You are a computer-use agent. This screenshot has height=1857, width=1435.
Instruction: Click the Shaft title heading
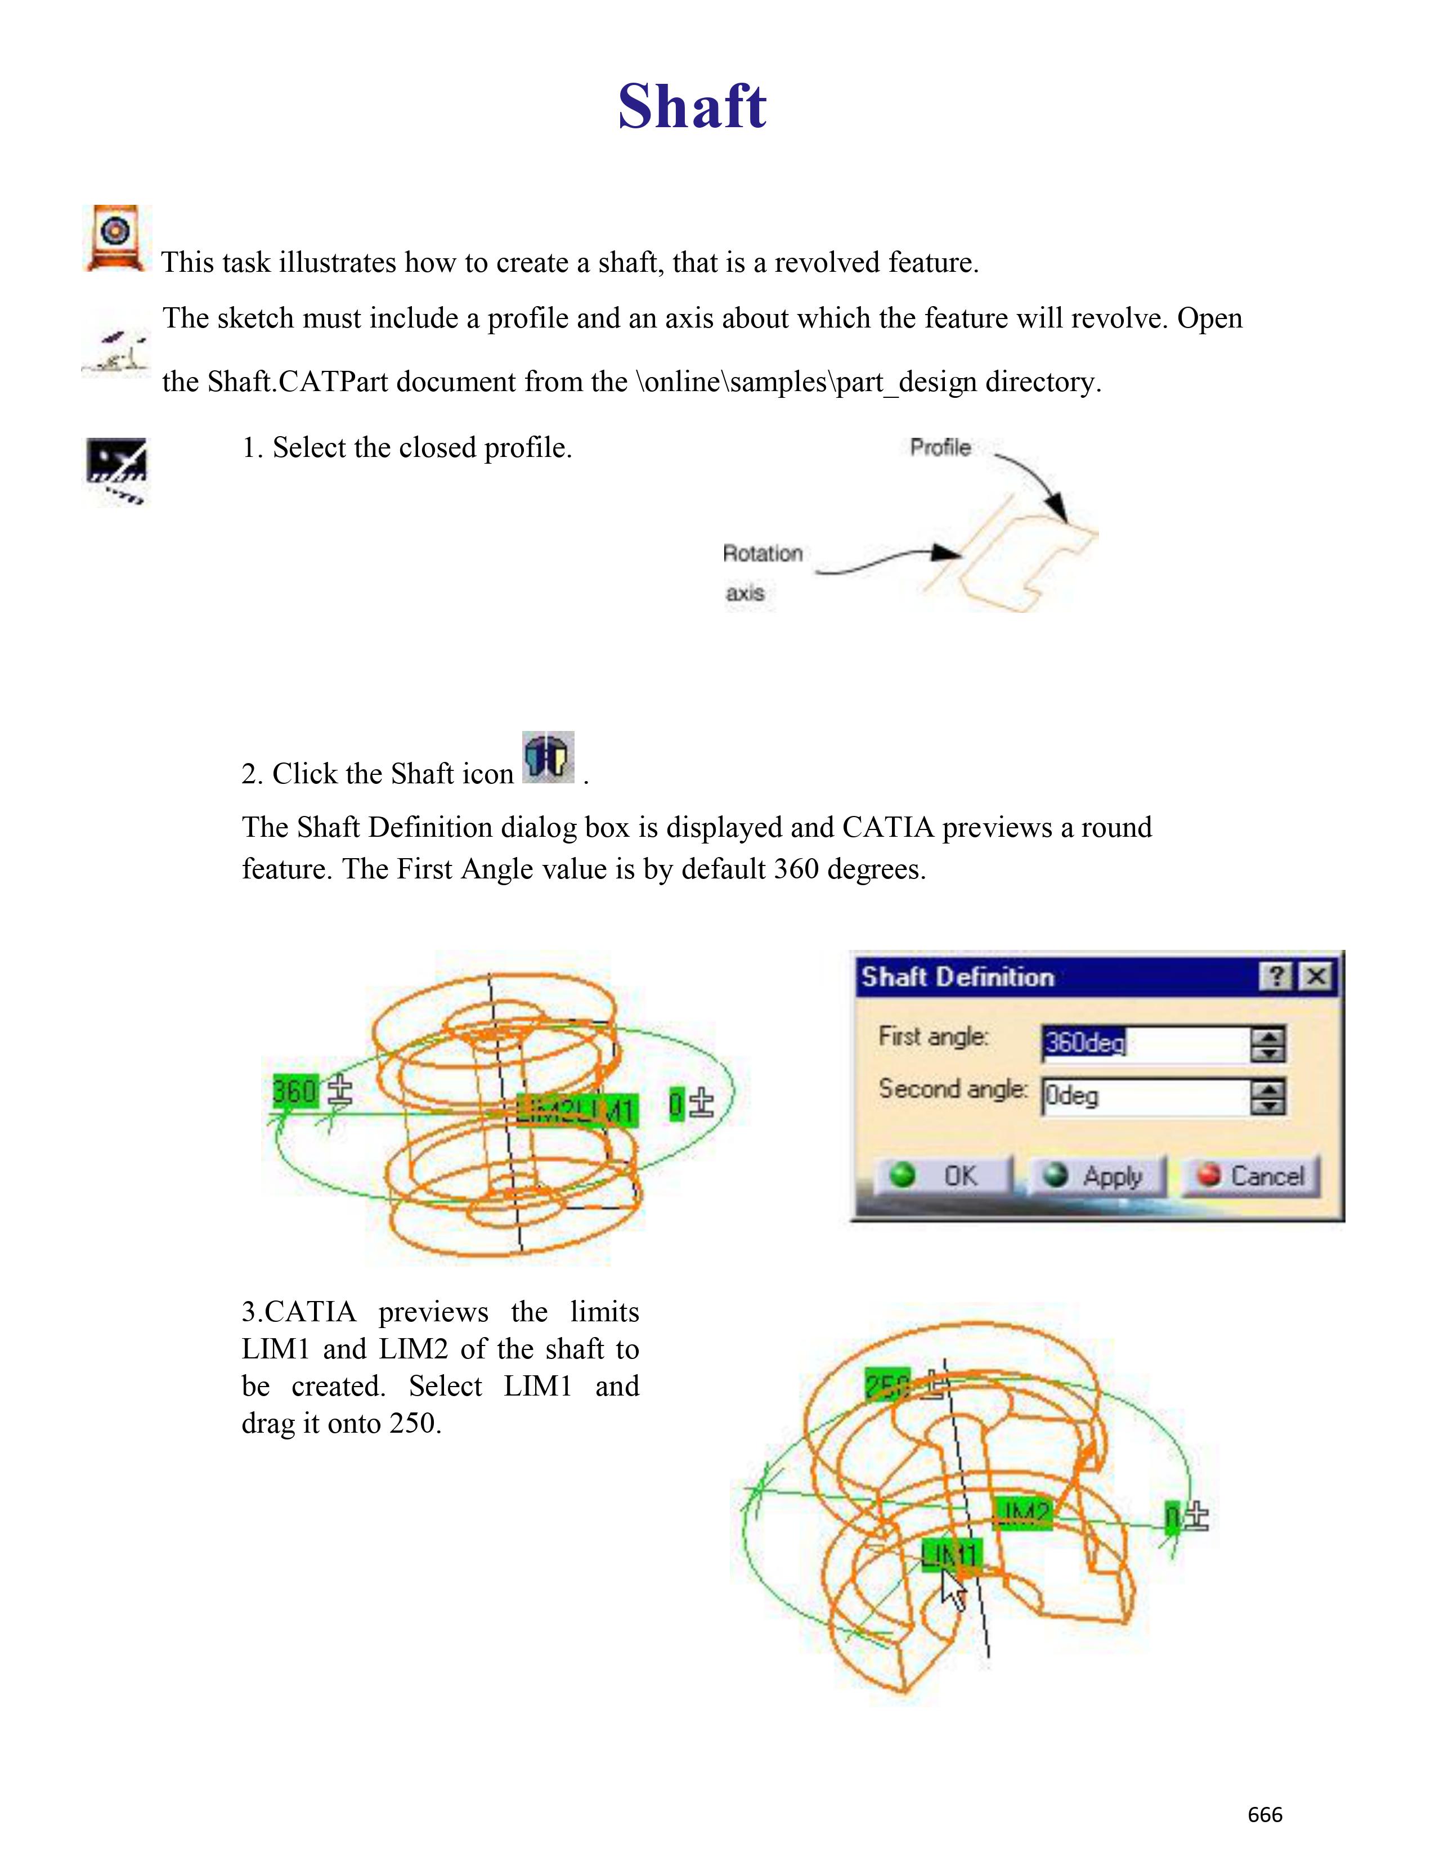tap(692, 106)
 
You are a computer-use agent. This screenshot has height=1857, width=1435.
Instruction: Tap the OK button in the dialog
tap(944, 1176)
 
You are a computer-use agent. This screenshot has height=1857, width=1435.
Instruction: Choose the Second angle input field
tap(1143, 1096)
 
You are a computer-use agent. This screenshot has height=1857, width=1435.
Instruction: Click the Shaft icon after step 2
tap(548, 757)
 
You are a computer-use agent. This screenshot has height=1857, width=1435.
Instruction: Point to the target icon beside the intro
tap(116, 237)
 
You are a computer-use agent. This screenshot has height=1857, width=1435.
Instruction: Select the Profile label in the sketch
tap(940, 447)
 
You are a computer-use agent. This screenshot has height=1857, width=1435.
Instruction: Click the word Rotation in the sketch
tap(763, 554)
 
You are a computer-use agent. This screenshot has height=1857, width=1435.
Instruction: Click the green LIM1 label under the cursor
tap(951, 1554)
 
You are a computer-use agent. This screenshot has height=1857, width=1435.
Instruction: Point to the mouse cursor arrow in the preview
tap(952, 1589)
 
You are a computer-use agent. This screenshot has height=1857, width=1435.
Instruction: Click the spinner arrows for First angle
tap(1267, 1043)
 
